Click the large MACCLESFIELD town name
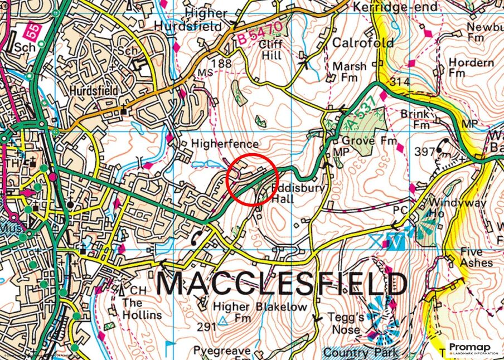point(282,284)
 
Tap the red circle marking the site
point(252,180)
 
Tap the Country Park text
point(361,352)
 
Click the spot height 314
point(400,82)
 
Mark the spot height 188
point(221,64)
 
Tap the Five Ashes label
point(476,257)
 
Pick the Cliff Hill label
point(272,50)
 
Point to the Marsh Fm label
point(350,72)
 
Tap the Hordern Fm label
point(471,68)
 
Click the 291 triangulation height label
point(206,327)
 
